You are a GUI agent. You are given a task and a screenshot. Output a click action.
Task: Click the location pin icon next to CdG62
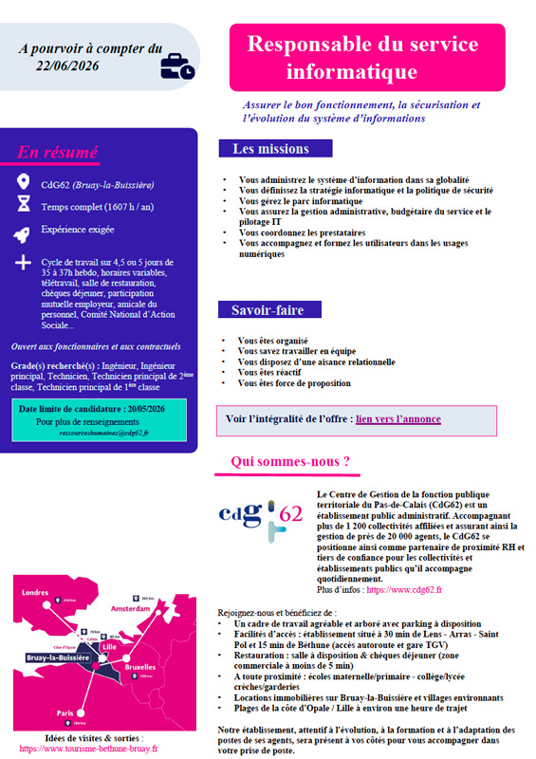click(x=24, y=183)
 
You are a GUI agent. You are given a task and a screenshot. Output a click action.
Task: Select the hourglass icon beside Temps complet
click(x=24, y=205)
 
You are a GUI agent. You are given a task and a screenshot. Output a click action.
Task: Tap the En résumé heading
click(x=57, y=152)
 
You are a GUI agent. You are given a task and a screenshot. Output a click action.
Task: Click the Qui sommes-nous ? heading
click(x=290, y=462)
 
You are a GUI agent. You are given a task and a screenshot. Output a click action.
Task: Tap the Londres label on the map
click(x=34, y=593)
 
